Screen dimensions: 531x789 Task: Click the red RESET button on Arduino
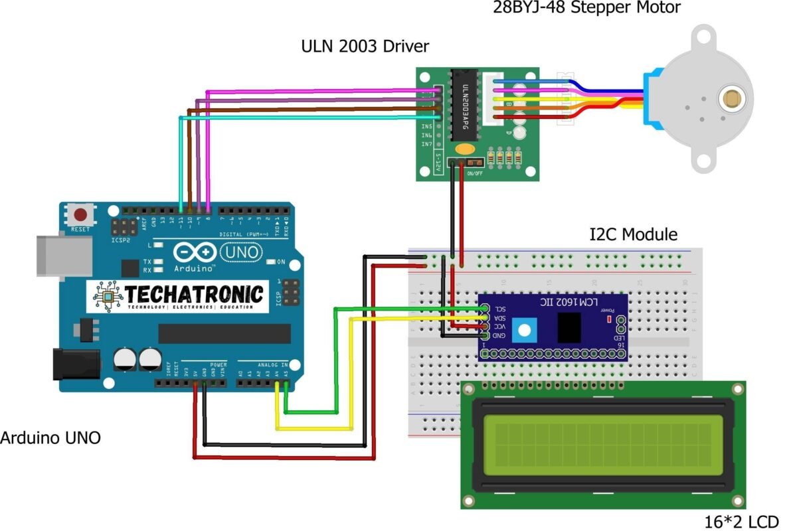tap(82, 216)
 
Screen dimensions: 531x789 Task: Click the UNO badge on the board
tap(240, 252)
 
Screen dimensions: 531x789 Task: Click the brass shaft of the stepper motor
tap(733, 99)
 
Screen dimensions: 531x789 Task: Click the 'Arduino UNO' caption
tap(50, 438)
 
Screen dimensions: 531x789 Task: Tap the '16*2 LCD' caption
tap(741, 522)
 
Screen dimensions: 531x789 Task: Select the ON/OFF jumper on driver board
tap(474, 163)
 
